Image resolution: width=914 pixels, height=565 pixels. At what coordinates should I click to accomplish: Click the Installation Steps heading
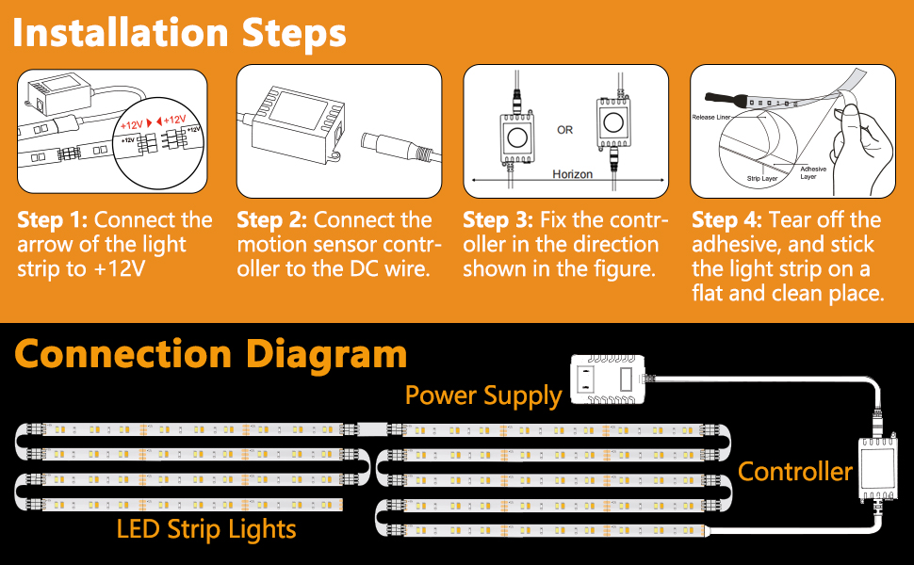(180, 34)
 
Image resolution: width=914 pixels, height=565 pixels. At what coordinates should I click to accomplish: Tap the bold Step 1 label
(52, 220)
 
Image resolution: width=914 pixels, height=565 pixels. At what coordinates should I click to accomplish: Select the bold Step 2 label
(271, 220)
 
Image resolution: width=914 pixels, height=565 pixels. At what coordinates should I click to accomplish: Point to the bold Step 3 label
(498, 220)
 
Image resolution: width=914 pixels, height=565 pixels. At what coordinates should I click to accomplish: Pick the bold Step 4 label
(726, 220)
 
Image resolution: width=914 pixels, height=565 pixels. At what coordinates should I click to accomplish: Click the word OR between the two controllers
(564, 130)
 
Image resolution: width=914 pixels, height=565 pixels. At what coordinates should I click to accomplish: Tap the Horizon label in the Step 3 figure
(574, 174)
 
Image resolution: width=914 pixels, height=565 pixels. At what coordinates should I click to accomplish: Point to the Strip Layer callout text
(762, 177)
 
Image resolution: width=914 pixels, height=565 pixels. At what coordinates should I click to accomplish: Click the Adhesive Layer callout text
(813, 173)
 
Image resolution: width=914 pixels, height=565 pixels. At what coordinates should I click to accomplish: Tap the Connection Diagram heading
(211, 354)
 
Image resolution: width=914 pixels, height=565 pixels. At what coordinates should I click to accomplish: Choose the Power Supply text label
(483, 395)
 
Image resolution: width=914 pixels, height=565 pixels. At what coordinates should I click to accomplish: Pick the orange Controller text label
(794, 471)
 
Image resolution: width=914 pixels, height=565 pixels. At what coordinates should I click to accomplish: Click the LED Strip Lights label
(206, 529)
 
